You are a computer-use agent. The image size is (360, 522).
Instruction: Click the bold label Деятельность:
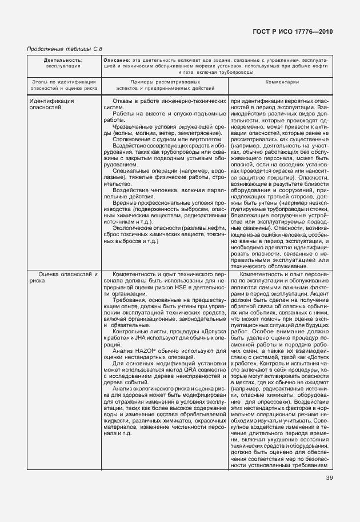pos(63,59)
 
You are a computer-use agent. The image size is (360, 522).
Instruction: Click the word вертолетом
pos(205,138)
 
